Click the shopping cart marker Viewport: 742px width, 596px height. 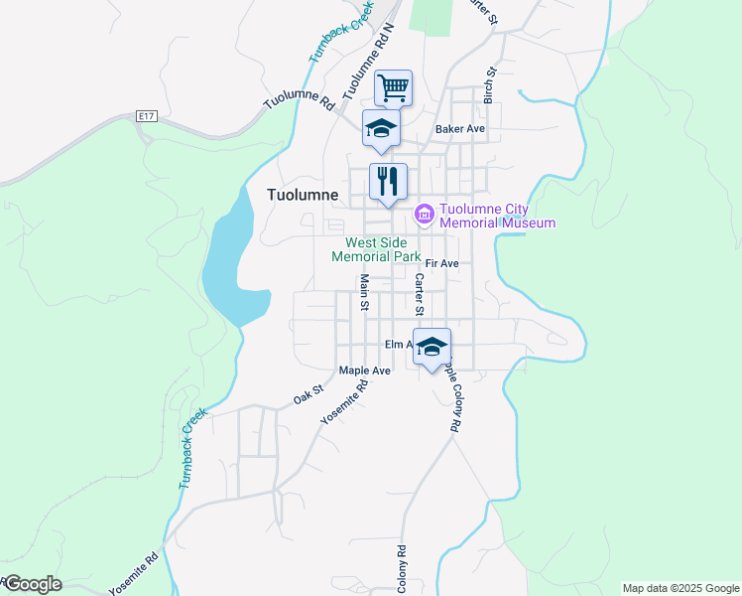(393, 87)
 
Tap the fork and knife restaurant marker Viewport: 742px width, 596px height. (388, 181)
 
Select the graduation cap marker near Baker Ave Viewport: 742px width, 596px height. (381, 127)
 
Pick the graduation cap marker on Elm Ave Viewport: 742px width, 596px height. (432, 346)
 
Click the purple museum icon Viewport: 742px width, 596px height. (424, 214)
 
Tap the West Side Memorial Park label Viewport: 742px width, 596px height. (383, 249)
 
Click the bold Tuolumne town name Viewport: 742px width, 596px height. (303, 195)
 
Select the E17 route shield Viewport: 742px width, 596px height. (147, 117)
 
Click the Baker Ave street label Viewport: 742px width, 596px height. (460, 129)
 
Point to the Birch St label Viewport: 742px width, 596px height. (489, 85)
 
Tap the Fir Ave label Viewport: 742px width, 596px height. (441, 263)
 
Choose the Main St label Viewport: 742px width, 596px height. (364, 292)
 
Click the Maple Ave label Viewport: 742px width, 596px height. (364, 371)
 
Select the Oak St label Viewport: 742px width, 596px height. (308, 395)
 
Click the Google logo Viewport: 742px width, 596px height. (32, 584)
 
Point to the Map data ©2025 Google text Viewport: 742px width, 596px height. (680, 588)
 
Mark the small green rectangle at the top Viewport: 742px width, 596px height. (430, 17)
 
